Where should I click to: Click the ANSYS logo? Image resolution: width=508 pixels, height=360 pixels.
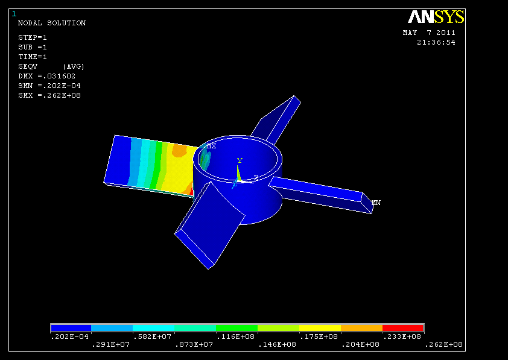tap(436, 17)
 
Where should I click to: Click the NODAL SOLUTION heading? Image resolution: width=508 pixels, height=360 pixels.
tap(52, 23)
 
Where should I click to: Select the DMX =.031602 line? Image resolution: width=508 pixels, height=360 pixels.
tap(46, 76)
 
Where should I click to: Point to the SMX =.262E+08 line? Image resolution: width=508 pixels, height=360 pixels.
tap(49, 95)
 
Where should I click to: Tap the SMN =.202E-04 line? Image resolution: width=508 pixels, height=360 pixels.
tap(49, 86)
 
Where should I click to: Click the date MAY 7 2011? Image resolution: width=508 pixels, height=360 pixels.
tap(429, 33)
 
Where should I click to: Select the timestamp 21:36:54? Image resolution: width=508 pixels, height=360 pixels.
tap(436, 42)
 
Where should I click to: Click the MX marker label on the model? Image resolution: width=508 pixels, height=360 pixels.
tap(211, 147)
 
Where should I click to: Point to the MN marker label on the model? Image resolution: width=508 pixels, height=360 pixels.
tap(376, 203)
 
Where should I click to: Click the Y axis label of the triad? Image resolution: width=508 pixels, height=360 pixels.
tap(240, 160)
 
